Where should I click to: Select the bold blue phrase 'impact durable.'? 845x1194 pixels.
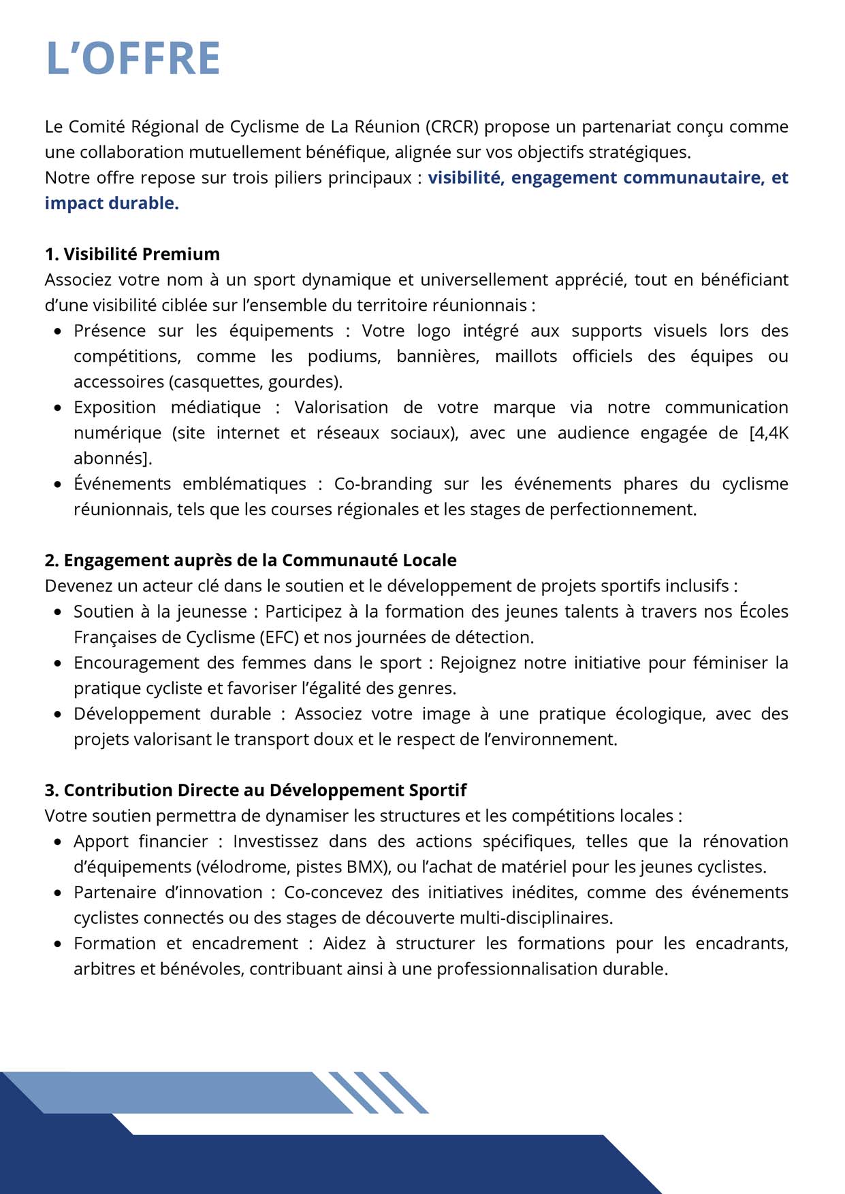(112, 203)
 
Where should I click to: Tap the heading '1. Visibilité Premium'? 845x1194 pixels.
(132, 254)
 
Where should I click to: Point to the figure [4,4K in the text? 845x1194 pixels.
(768, 433)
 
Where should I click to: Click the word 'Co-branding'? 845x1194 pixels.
(383, 484)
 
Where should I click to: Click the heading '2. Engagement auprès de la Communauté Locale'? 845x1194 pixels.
(251, 560)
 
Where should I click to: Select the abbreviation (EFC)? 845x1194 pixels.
(278, 637)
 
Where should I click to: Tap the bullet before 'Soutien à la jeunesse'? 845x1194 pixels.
(58, 612)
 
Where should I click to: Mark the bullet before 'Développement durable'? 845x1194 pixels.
(58, 714)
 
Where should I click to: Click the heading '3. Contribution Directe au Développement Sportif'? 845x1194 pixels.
(255, 790)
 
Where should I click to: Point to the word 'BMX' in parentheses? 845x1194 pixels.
(365, 867)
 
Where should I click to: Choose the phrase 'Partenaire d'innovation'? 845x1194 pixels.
(168, 893)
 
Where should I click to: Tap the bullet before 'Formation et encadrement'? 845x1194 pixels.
(58, 944)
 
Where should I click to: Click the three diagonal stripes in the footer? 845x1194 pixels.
(379, 1092)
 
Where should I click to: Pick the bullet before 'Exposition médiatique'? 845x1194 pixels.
(58, 408)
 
